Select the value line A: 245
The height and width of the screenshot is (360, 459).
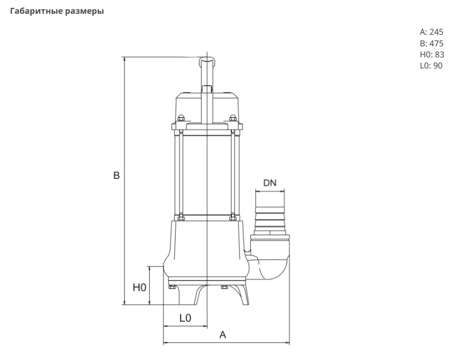pyautogui.click(x=431, y=32)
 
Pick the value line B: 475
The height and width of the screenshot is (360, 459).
pyautogui.click(x=431, y=43)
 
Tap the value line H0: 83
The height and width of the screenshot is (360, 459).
pyautogui.click(x=431, y=54)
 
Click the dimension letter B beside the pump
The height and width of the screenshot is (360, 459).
pyautogui.click(x=117, y=176)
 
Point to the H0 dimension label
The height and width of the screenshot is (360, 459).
pyautogui.click(x=139, y=287)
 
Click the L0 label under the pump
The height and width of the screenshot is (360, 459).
pyautogui.click(x=185, y=318)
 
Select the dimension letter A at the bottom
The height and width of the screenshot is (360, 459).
pyautogui.click(x=223, y=335)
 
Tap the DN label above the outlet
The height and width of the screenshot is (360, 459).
pyautogui.click(x=270, y=183)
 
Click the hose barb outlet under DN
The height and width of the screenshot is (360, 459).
pyautogui.click(x=270, y=213)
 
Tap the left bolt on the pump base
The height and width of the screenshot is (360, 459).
pyautogui.click(x=172, y=287)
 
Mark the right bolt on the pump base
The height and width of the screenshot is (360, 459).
pyautogui.click(x=224, y=287)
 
